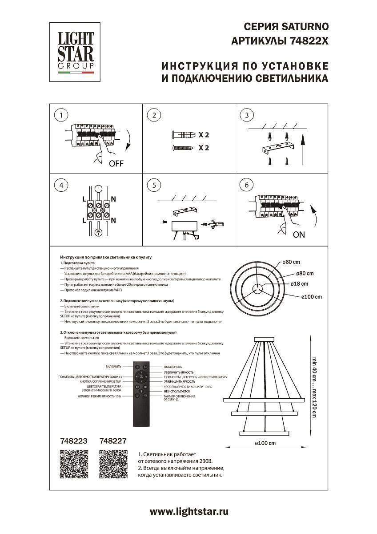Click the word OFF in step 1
[116, 163]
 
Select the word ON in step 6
[299, 235]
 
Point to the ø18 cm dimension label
[299, 283]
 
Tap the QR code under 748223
[73, 465]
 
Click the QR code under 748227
[113, 465]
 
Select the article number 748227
[113, 441]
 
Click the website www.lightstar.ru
[188, 512]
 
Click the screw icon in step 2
[182, 148]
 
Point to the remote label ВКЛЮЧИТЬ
[113, 367]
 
